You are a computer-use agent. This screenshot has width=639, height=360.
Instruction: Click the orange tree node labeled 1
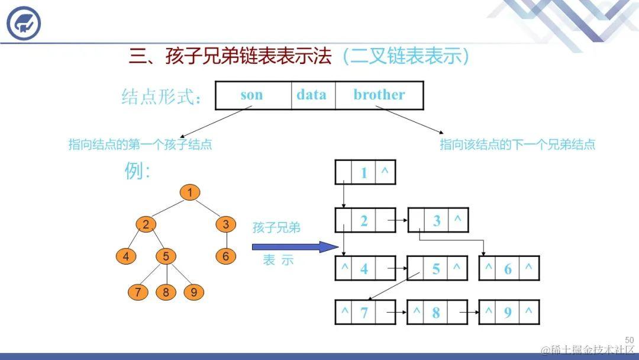click(x=190, y=192)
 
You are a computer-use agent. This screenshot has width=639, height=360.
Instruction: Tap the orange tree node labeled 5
click(x=166, y=256)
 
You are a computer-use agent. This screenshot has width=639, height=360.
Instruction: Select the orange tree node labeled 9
click(x=193, y=292)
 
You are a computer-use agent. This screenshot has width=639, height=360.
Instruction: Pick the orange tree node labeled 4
click(x=126, y=256)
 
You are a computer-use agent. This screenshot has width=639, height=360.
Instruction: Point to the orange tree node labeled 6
click(x=225, y=256)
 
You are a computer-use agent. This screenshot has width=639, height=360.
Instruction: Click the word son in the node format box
click(x=252, y=95)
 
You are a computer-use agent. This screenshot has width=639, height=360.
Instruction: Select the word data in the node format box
click(x=311, y=95)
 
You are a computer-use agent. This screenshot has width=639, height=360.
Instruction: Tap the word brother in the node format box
click(x=379, y=95)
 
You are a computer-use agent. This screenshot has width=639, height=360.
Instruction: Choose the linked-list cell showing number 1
click(x=364, y=173)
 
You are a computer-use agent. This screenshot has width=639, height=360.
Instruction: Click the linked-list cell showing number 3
click(x=437, y=221)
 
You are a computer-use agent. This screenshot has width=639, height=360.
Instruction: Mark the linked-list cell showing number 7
click(x=364, y=313)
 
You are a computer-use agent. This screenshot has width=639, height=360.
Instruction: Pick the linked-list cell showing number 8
click(x=436, y=313)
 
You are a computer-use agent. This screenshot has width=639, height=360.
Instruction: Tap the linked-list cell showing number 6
click(x=508, y=269)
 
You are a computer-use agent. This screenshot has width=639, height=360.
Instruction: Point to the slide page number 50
click(x=629, y=340)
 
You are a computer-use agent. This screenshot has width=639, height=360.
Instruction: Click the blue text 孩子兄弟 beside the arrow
click(x=276, y=228)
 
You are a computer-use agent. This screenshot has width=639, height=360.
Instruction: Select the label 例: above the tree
click(x=137, y=172)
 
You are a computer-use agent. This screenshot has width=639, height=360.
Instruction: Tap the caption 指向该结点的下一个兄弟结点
click(x=517, y=144)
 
